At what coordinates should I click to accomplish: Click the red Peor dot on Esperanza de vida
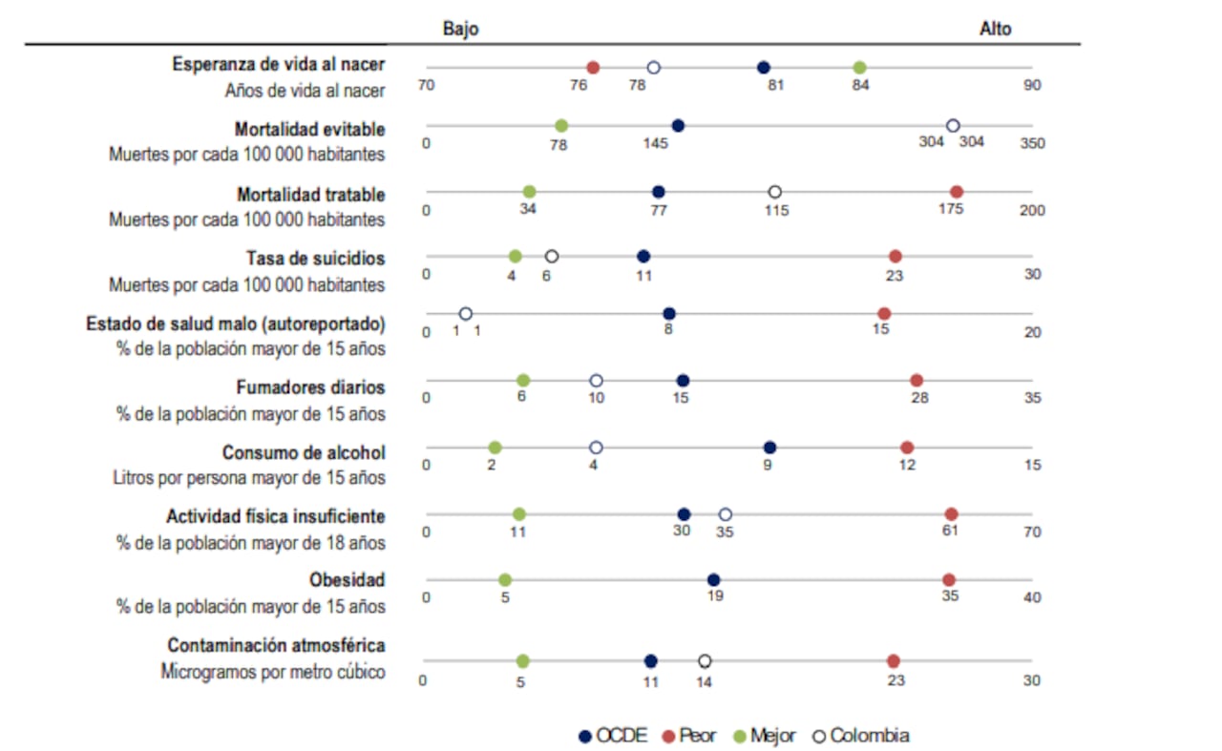pyautogui.click(x=593, y=68)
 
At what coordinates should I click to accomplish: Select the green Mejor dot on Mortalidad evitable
pyautogui.click(x=561, y=126)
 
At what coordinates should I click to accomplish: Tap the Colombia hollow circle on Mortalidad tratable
pyautogui.click(x=775, y=192)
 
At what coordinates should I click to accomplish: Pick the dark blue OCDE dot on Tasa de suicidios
pyautogui.click(x=643, y=257)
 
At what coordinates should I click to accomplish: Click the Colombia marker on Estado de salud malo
pyautogui.click(x=466, y=314)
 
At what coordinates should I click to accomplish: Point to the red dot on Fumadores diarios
pyautogui.click(x=916, y=381)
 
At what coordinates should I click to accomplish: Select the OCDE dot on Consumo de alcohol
pyautogui.click(x=769, y=448)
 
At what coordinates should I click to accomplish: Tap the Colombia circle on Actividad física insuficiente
pyautogui.click(x=726, y=514)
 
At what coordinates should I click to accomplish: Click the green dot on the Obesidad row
pyautogui.click(x=505, y=580)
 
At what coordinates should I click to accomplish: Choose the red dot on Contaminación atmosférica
pyautogui.click(x=894, y=661)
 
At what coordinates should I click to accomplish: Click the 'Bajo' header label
pyautogui.click(x=460, y=29)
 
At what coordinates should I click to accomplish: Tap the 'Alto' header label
pyautogui.click(x=995, y=29)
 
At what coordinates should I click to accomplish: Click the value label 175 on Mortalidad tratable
pyautogui.click(x=952, y=210)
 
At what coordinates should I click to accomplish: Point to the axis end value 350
pyautogui.click(x=1032, y=144)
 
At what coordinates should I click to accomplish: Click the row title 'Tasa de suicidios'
pyautogui.click(x=315, y=259)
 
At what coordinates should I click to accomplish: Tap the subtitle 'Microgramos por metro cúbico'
pyautogui.click(x=273, y=672)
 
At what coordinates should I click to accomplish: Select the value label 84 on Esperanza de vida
pyautogui.click(x=859, y=86)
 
